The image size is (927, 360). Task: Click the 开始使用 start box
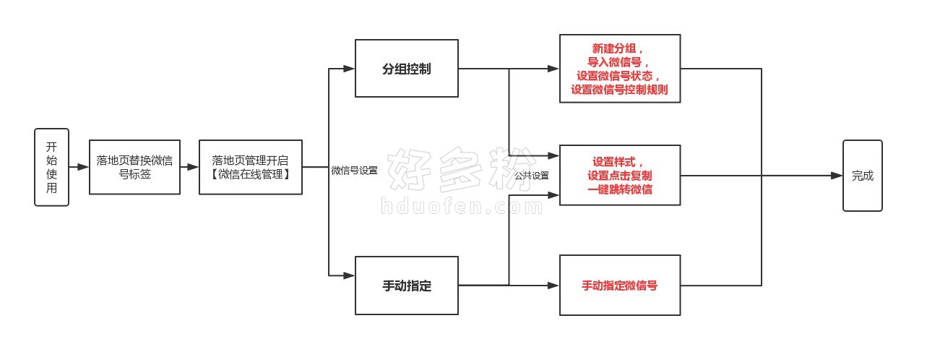click(x=52, y=167)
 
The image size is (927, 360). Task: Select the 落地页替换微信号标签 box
click(x=134, y=167)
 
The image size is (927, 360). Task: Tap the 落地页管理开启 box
click(x=251, y=167)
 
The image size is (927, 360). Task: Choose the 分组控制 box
click(x=406, y=69)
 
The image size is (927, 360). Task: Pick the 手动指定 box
click(x=406, y=286)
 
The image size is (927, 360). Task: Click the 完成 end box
click(x=863, y=176)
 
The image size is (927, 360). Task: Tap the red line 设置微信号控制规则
click(x=619, y=90)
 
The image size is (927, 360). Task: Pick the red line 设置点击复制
click(x=619, y=176)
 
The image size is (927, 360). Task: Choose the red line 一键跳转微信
click(x=619, y=189)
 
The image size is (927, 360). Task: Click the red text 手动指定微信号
click(x=619, y=286)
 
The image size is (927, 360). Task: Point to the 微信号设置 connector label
click(x=354, y=171)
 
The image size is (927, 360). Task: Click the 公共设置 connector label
click(x=531, y=176)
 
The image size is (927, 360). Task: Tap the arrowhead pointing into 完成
click(x=837, y=176)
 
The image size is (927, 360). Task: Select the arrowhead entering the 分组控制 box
click(x=349, y=69)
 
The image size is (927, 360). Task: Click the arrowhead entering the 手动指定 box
click(x=349, y=275)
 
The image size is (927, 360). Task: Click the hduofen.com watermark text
click(x=462, y=206)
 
